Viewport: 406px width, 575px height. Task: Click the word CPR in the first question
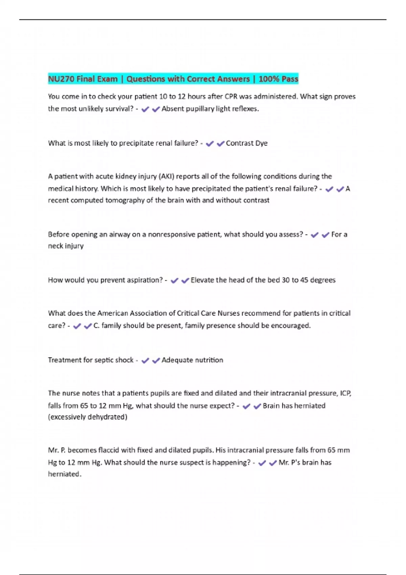pos(231,97)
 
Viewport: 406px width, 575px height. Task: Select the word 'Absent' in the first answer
pos(173,109)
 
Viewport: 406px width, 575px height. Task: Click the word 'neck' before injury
pos(55,246)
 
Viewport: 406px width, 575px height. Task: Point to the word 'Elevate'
pos(202,280)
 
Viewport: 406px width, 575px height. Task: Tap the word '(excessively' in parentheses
pos(67,417)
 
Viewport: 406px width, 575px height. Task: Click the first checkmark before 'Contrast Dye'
pos(210,144)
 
